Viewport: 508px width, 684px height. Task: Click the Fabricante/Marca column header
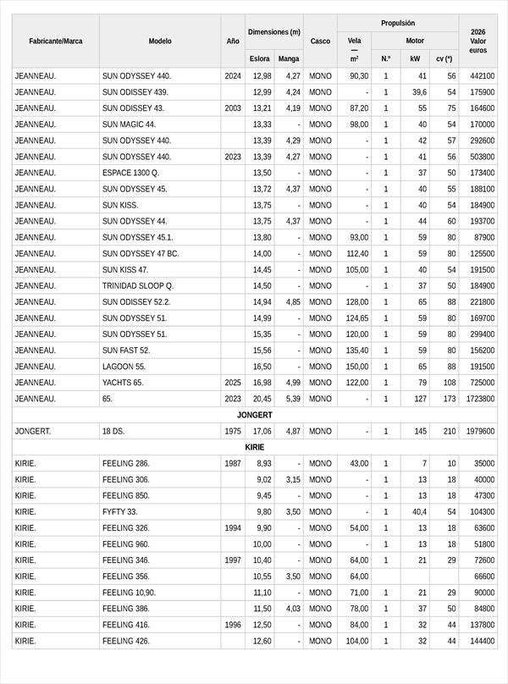tap(55, 41)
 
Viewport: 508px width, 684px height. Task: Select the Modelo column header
tap(160, 41)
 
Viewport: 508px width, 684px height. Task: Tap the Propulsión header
tap(397, 23)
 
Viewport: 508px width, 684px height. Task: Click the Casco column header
tap(320, 41)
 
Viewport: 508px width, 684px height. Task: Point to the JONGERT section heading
tap(254, 415)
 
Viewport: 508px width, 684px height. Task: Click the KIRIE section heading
tap(254, 447)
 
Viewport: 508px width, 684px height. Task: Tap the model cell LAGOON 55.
tap(124, 367)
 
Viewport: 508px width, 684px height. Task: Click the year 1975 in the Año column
tap(233, 431)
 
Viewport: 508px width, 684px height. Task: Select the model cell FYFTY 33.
tap(119, 511)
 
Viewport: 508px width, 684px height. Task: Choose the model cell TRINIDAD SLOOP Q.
tap(137, 286)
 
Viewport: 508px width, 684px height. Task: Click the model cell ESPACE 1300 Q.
tap(130, 173)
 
